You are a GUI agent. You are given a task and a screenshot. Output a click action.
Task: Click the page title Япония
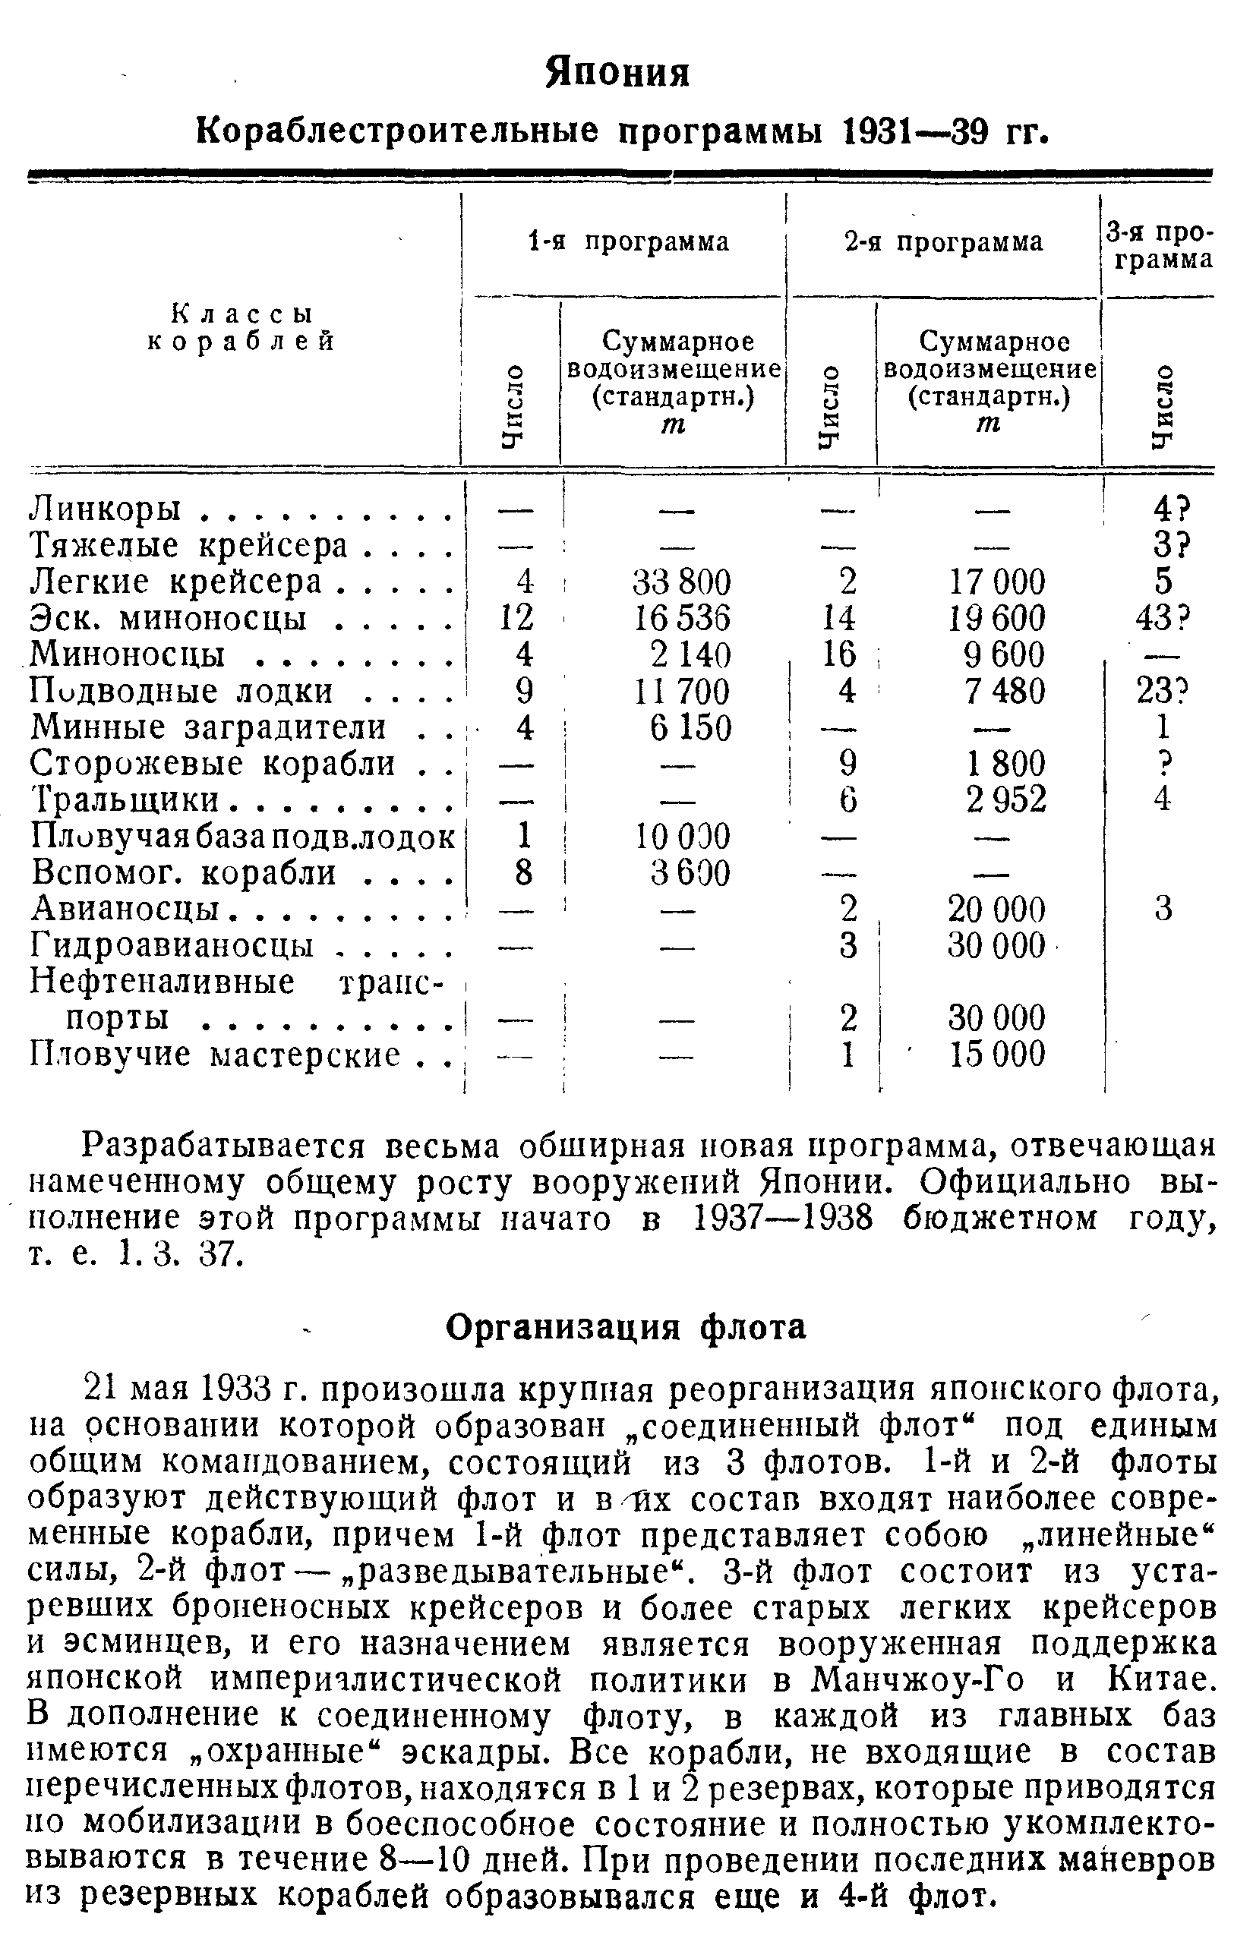[x=617, y=72]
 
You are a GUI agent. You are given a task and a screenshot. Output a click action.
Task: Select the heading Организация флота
[x=626, y=1328]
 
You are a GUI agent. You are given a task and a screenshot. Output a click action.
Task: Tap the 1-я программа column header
[x=628, y=242]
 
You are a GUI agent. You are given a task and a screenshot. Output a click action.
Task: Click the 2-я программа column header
[x=943, y=242]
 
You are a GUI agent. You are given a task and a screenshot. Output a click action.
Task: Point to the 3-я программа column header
[x=1159, y=247]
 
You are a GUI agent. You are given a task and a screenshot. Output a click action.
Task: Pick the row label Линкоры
[x=114, y=509]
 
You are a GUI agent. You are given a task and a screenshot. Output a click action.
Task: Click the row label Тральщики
[x=125, y=799]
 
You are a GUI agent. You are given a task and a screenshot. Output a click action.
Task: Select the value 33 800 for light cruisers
[x=682, y=582]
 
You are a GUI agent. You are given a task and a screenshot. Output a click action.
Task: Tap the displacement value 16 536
[x=682, y=619]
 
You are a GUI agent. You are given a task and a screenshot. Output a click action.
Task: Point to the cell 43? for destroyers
[x=1163, y=619]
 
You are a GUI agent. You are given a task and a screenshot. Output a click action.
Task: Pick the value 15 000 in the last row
[x=998, y=1055]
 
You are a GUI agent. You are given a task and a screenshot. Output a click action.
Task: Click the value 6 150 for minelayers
[x=691, y=727]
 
